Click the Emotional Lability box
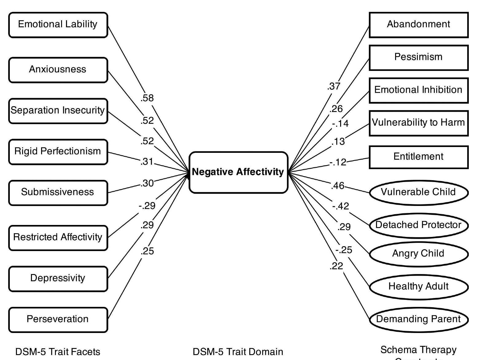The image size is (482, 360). [x=58, y=25]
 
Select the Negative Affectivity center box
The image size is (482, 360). [x=238, y=172]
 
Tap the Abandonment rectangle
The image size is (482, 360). [x=418, y=25]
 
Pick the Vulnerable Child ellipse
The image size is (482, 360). [x=418, y=192]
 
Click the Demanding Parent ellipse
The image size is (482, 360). [x=418, y=319]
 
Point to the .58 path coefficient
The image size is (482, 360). [x=147, y=98]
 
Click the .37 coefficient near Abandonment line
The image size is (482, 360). [x=334, y=87]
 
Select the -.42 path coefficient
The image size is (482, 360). [x=341, y=206]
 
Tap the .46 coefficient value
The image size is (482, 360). [x=338, y=186]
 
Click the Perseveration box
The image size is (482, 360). [x=58, y=319]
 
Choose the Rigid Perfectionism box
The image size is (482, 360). [x=58, y=152]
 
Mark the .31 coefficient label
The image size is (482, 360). [x=147, y=161]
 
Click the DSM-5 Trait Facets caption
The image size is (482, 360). [x=58, y=352]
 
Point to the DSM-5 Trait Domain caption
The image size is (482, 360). [x=238, y=352]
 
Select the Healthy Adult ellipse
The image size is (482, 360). [x=418, y=286]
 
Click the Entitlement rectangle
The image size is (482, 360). [x=418, y=157]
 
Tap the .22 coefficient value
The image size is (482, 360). [x=336, y=266]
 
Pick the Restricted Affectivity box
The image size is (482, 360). [x=58, y=237]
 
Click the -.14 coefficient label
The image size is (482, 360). [x=340, y=124]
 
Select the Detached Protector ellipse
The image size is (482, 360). [x=418, y=225]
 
